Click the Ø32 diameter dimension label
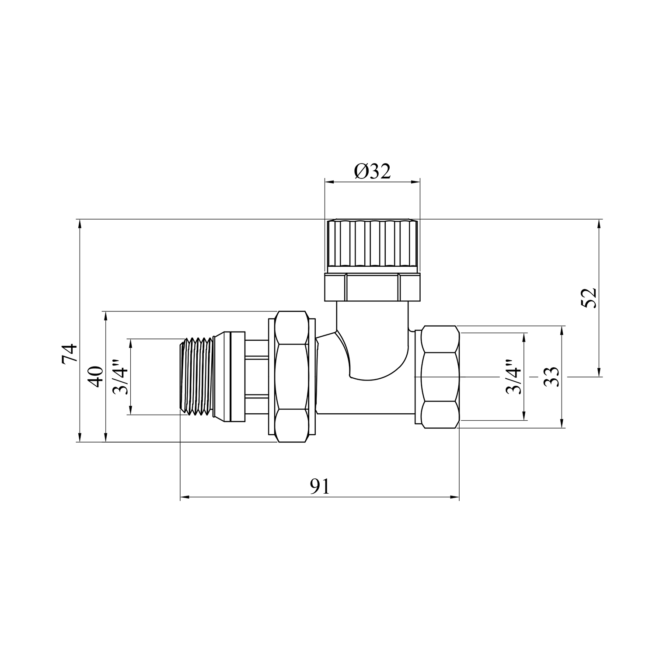point(372,171)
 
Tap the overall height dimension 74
point(70,354)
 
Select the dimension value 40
point(96,376)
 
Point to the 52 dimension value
point(590,298)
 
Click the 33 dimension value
point(552,377)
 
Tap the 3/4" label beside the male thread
point(121,377)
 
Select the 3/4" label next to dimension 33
point(514,377)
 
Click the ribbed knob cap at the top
point(372,246)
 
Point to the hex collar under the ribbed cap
point(372,287)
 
